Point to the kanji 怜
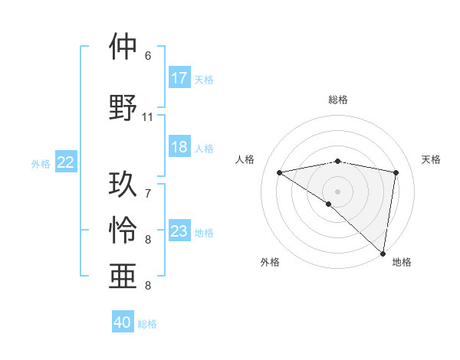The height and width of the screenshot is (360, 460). pos(123,229)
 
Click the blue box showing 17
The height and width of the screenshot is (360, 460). pos(179,78)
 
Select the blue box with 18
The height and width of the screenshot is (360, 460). pos(179,147)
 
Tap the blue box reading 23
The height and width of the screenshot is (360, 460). pos(179,231)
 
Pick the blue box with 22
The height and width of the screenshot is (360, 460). pos(66,162)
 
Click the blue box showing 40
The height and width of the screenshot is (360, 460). pos(123,322)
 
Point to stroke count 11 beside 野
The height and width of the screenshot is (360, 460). pos(148,117)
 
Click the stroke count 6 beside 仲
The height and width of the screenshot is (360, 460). pos(148,56)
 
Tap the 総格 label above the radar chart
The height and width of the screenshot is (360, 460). pos(337,100)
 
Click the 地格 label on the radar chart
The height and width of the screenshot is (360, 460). pos(402,262)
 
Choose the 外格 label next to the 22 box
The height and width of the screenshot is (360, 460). pos(41,163)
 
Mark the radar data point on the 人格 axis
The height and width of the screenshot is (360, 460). pos(279,172)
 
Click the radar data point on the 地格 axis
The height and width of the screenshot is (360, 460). pos(383,253)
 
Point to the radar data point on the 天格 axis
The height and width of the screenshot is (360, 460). pos(396,172)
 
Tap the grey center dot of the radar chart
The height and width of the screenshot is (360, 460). pos(337,190)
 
